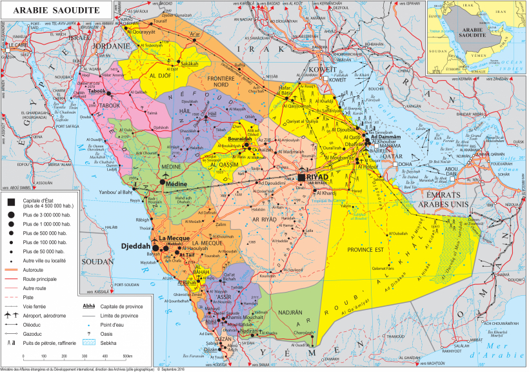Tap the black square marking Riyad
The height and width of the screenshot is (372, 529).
pyautogui.click(x=301, y=177)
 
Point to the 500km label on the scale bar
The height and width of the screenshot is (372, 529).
pyautogui.click(x=126, y=356)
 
